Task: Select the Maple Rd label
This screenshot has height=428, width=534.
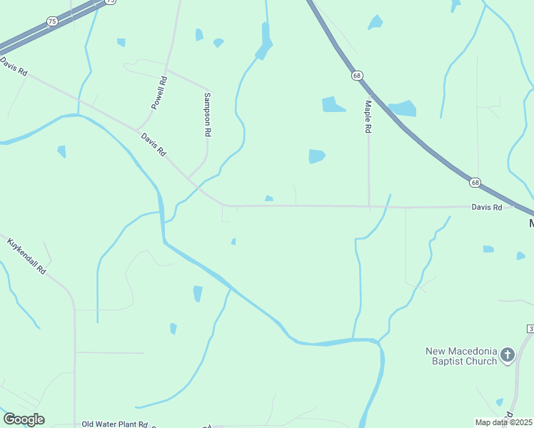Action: tap(368, 117)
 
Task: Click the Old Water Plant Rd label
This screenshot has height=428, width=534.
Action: tap(114, 424)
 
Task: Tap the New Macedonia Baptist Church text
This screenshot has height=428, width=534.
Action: tap(460, 356)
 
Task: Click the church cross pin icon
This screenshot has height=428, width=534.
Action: tap(508, 355)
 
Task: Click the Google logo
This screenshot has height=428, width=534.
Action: tap(24, 419)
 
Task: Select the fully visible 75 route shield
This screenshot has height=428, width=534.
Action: tap(52, 22)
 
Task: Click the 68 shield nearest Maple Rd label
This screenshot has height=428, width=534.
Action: tap(357, 75)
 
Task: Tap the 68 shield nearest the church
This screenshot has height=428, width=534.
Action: tap(475, 183)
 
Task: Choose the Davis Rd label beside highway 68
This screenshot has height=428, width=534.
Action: tap(487, 207)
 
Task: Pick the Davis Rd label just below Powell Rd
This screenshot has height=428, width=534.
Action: tap(153, 144)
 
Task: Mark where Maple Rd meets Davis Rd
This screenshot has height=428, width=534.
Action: tap(369, 207)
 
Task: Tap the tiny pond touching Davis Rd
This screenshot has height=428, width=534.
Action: tap(268, 199)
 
